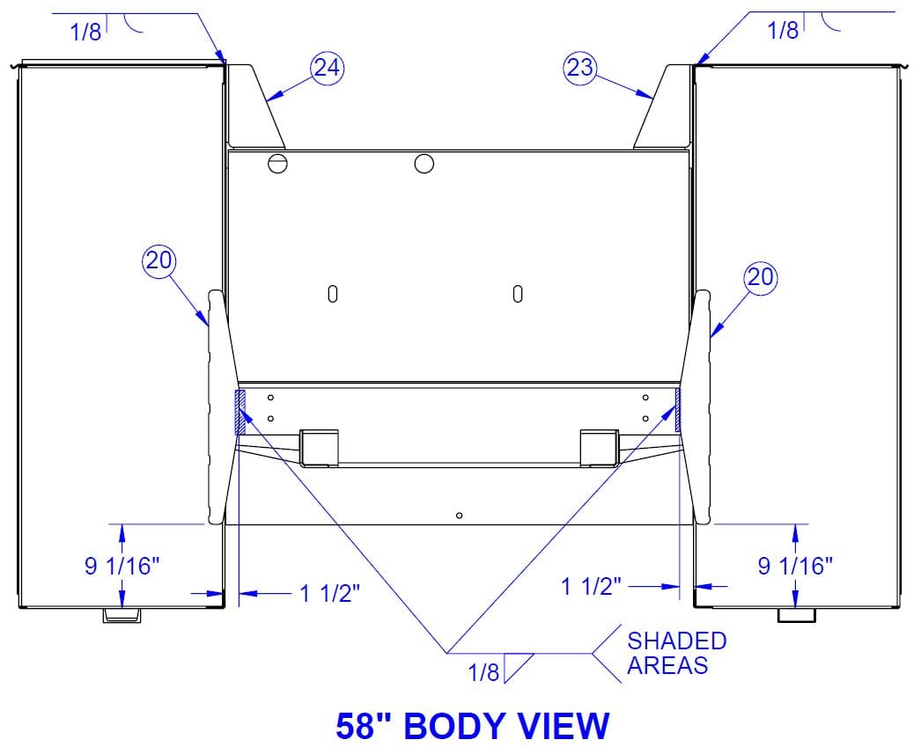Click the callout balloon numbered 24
tap(328, 68)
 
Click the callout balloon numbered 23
tap(580, 68)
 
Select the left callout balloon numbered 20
tap(159, 260)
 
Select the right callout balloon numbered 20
tap(761, 277)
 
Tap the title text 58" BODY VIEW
tap(473, 725)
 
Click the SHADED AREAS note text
tap(676, 653)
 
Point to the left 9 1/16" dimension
tap(122, 567)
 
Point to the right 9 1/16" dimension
tap(795, 567)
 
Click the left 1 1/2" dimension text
tap(329, 594)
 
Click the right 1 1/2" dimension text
tap(592, 586)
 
